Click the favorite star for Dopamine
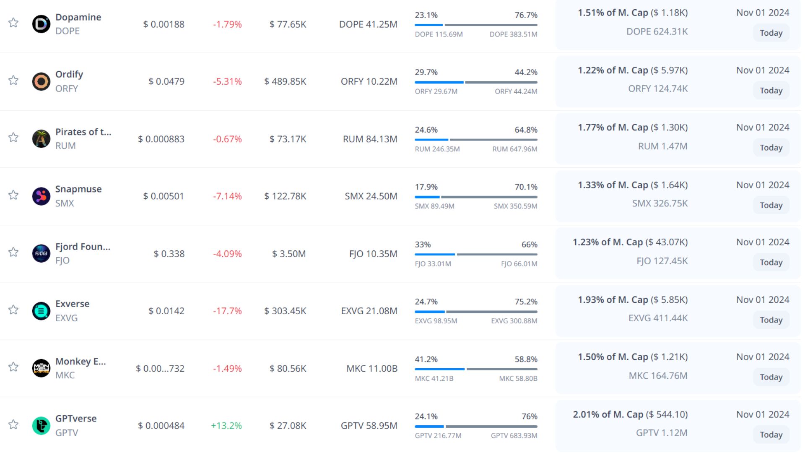(13, 23)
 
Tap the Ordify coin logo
(41, 81)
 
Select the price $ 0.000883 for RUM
(161, 139)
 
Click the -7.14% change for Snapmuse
(227, 196)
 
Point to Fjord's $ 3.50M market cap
(289, 254)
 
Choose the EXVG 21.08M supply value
(369, 311)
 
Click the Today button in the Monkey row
(771, 377)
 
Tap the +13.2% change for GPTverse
(226, 426)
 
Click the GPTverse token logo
(41, 426)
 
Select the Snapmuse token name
(78, 189)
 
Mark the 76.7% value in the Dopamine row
(526, 15)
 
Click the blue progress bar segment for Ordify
(439, 82)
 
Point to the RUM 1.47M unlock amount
(662, 146)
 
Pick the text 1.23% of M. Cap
(608, 242)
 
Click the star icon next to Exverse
(13, 310)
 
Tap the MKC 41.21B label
(434, 379)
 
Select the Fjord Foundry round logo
(41, 253)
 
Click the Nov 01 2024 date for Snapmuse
(763, 185)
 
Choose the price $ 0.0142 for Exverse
(166, 311)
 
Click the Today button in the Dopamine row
(771, 33)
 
